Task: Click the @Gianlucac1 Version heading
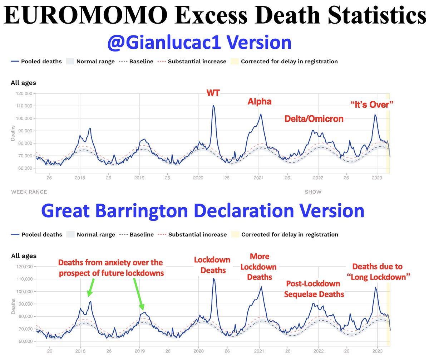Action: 199,42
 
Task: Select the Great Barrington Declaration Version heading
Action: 203,211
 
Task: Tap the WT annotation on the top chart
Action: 213,93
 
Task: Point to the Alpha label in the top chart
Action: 260,102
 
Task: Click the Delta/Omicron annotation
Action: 314,119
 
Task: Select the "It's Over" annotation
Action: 371,105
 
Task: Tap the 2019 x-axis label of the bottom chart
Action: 139,351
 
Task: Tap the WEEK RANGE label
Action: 29,192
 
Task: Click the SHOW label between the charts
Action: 313,192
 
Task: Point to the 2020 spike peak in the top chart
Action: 213,106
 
